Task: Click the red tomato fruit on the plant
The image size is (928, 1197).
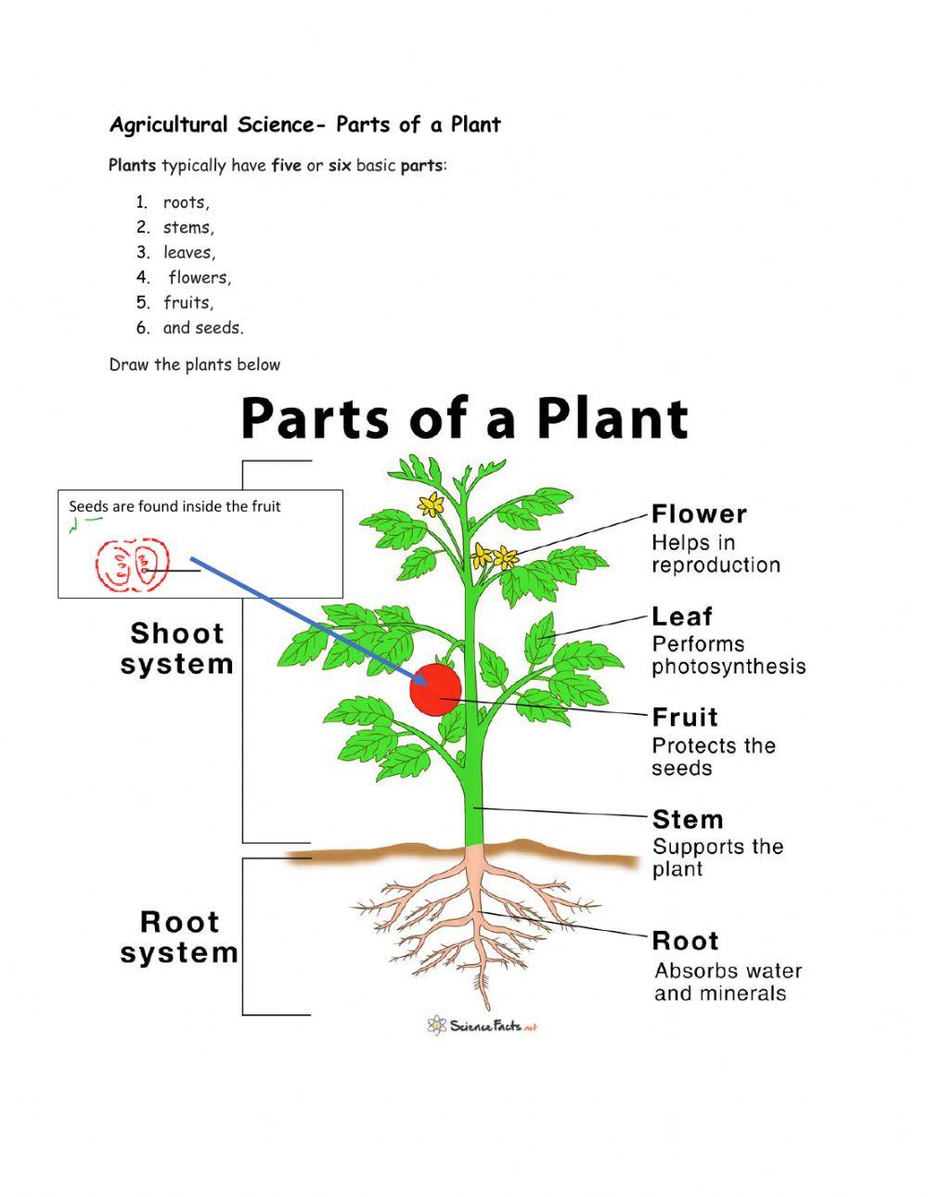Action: coord(436,690)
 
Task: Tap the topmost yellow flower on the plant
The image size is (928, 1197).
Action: coord(431,503)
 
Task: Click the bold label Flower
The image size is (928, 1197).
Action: coord(699,515)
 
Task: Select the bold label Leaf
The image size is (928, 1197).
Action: coord(682,617)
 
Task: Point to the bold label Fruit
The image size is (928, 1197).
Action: coord(685,718)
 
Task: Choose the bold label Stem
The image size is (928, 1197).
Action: coord(688,820)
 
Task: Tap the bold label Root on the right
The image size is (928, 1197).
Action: coord(686,941)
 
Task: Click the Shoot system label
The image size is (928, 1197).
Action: coord(176,649)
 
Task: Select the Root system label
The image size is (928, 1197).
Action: coord(179,937)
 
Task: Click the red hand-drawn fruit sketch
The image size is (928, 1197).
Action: coord(133,567)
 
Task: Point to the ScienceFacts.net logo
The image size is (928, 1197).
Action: coord(483,1025)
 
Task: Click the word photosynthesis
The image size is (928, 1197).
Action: coord(728,667)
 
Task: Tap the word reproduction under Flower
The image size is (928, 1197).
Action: coord(715,566)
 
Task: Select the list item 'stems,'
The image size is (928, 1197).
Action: coord(188,228)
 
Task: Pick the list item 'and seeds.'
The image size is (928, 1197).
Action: coord(203,328)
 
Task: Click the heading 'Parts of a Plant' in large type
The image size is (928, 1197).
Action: coord(464,419)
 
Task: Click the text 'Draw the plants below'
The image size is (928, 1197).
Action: coord(195,365)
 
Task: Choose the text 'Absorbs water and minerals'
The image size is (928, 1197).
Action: coord(728,982)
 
